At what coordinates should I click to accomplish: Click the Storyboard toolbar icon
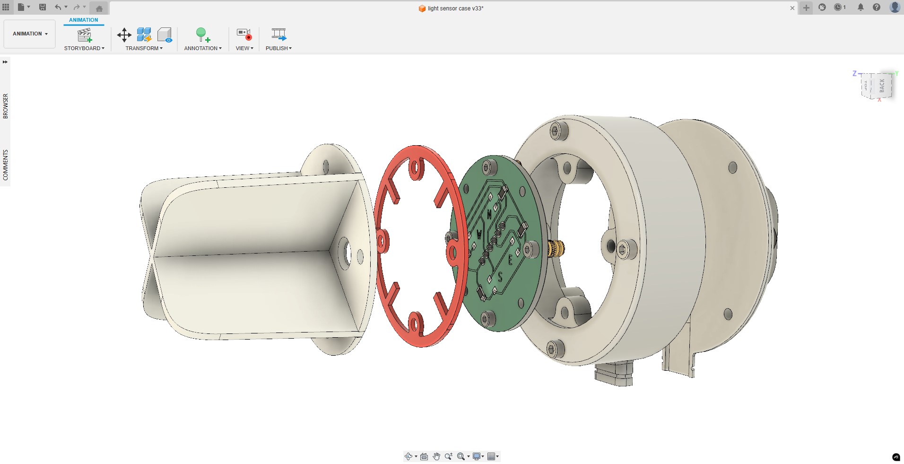pyautogui.click(x=85, y=35)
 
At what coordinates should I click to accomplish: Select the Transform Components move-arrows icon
pyautogui.click(x=124, y=35)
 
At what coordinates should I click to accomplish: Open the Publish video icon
pyautogui.click(x=278, y=34)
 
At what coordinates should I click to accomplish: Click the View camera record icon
pyautogui.click(x=244, y=34)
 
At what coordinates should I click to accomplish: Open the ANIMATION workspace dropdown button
pyautogui.click(x=30, y=34)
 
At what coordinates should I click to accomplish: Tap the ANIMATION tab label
pyautogui.click(x=84, y=20)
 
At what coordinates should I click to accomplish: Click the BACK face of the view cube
pyautogui.click(x=882, y=85)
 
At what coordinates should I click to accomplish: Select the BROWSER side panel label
pyautogui.click(x=6, y=106)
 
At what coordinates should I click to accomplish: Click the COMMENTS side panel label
pyautogui.click(x=6, y=165)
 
